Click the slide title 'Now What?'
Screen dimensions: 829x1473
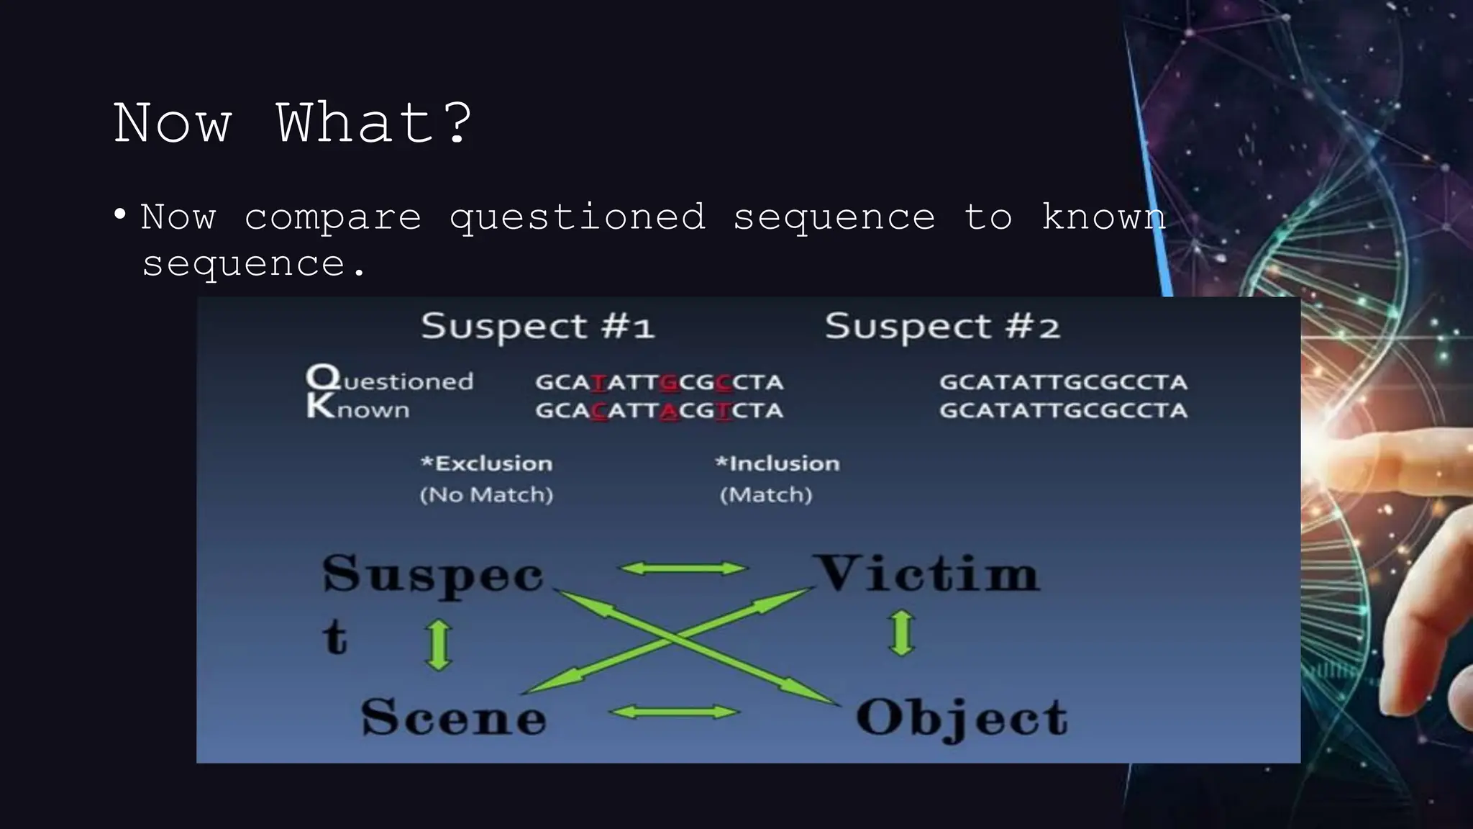tap(293, 123)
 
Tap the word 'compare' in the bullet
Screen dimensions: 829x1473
tap(332, 218)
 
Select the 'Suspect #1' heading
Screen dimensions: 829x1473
tap(537, 327)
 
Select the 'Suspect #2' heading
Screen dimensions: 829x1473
tap(942, 327)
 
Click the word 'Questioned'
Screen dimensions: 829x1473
tap(390, 379)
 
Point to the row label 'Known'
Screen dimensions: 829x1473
tap(358, 408)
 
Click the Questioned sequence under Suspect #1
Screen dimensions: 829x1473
tap(659, 381)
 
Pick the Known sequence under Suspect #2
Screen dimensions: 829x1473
tap(1063, 410)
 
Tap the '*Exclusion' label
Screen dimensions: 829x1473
tap(487, 463)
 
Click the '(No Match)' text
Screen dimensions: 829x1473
tap(486, 495)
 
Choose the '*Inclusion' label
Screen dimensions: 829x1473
tap(777, 463)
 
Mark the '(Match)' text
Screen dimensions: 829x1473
tap(766, 495)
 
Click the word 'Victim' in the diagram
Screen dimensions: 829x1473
tap(928, 574)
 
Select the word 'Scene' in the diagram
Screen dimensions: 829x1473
tap(454, 717)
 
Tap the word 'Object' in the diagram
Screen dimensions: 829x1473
tap(962, 718)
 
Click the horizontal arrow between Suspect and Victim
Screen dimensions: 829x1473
tap(683, 569)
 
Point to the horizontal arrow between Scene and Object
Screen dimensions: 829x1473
tap(674, 712)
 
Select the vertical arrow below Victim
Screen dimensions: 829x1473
tap(902, 633)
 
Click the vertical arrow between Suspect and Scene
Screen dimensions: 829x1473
tap(439, 645)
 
